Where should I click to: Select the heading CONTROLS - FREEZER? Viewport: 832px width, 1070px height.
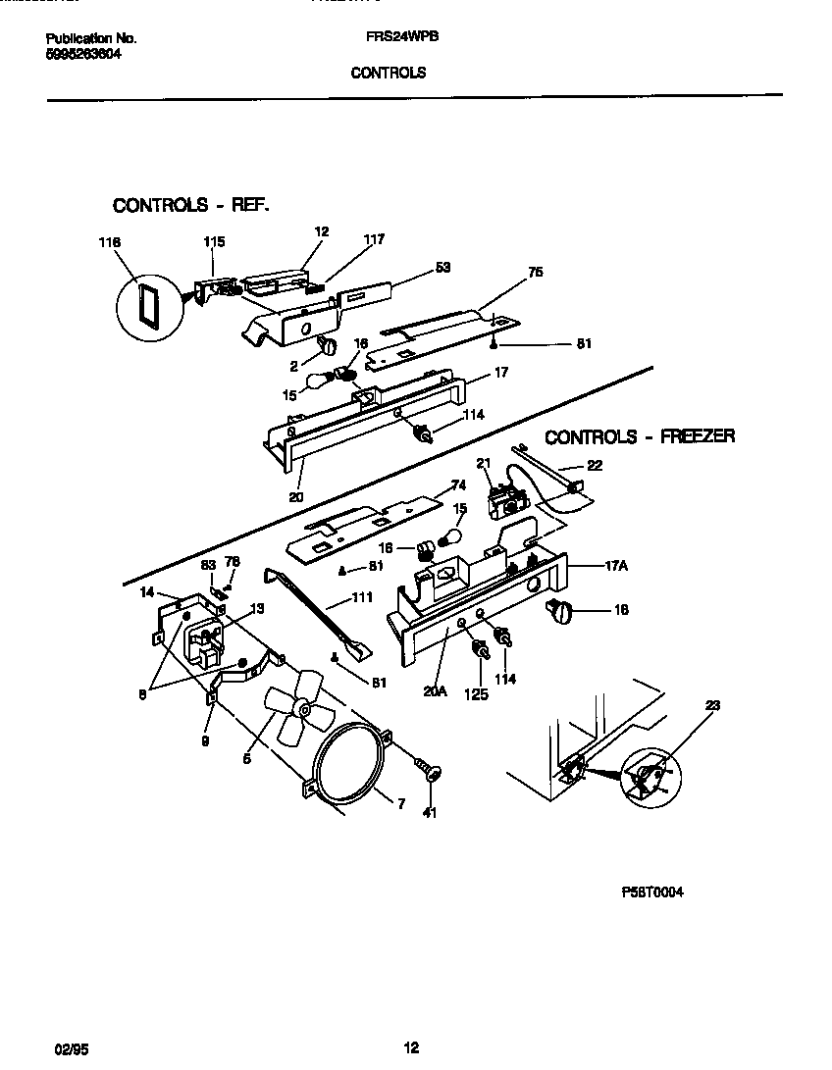pyautogui.click(x=640, y=437)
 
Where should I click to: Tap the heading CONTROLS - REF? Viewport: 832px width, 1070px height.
pyautogui.click(x=190, y=205)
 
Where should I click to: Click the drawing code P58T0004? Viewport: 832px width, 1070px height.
pyautogui.click(x=652, y=892)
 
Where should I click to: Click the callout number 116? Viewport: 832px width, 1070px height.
pyautogui.click(x=109, y=241)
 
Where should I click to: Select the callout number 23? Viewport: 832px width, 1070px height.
pyautogui.click(x=711, y=705)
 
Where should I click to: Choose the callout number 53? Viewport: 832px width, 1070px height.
pyautogui.click(x=443, y=268)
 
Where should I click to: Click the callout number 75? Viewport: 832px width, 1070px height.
pyautogui.click(x=535, y=273)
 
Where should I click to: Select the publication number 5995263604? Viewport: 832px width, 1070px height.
pyautogui.click(x=84, y=55)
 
